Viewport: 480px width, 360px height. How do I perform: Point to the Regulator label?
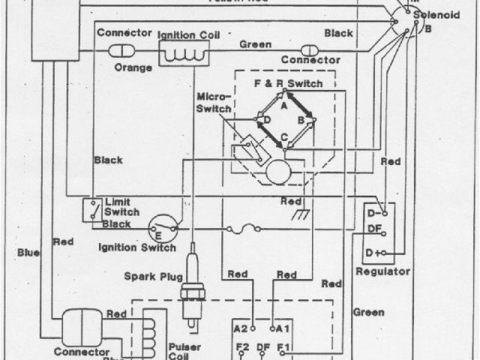tap(382, 271)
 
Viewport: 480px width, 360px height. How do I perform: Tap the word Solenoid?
tap(439, 15)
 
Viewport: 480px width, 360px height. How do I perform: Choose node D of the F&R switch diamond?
tap(266, 119)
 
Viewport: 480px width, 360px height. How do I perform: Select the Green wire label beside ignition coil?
tap(255, 45)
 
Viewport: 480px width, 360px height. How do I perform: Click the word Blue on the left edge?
tap(28, 253)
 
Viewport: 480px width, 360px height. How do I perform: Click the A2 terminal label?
tap(240, 328)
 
